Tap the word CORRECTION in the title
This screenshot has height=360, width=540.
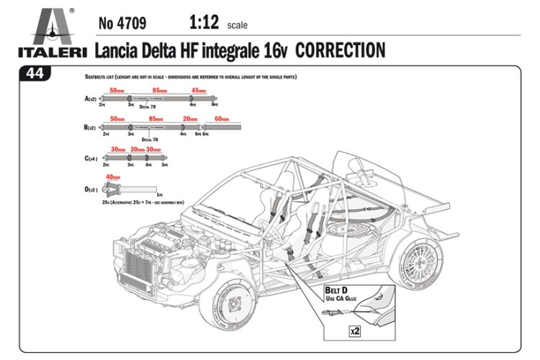pos(340,50)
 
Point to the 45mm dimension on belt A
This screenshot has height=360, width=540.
pos(198,91)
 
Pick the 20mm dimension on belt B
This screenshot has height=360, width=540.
pos(190,119)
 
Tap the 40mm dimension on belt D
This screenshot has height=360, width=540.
pos(113,177)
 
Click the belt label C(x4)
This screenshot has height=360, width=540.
pos(91,157)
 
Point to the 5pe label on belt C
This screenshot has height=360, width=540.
pos(165,165)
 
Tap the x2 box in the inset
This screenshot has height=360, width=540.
pos(354,331)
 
